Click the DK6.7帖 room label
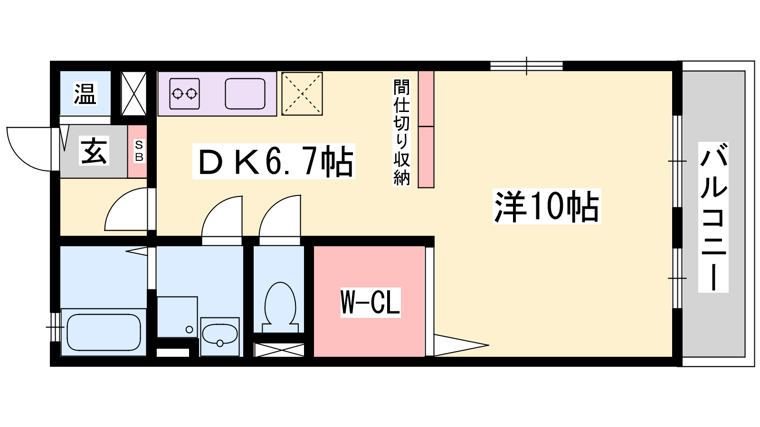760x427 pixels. click(x=274, y=161)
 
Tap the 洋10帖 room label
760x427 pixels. click(x=547, y=206)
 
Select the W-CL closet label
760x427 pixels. click(x=370, y=303)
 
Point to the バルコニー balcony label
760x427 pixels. click(x=713, y=217)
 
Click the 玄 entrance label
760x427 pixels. click(x=94, y=151)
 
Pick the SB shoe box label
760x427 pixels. click(x=139, y=151)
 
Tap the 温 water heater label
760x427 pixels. click(x=85, y=93)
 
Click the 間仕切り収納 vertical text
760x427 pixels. click(x=401, y=132)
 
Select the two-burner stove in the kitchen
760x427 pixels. click(x=185, y=94)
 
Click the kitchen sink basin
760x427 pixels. click(x=245, y=94)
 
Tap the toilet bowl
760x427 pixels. click(x=280, y=305)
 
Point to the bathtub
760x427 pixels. click(x=104, y=333)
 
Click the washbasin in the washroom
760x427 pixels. click(x=220, y=335)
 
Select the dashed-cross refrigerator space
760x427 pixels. click(x=302, y=94)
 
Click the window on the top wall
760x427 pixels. click(x=527, y=66)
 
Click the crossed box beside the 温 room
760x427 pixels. click(x=134, y=93)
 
